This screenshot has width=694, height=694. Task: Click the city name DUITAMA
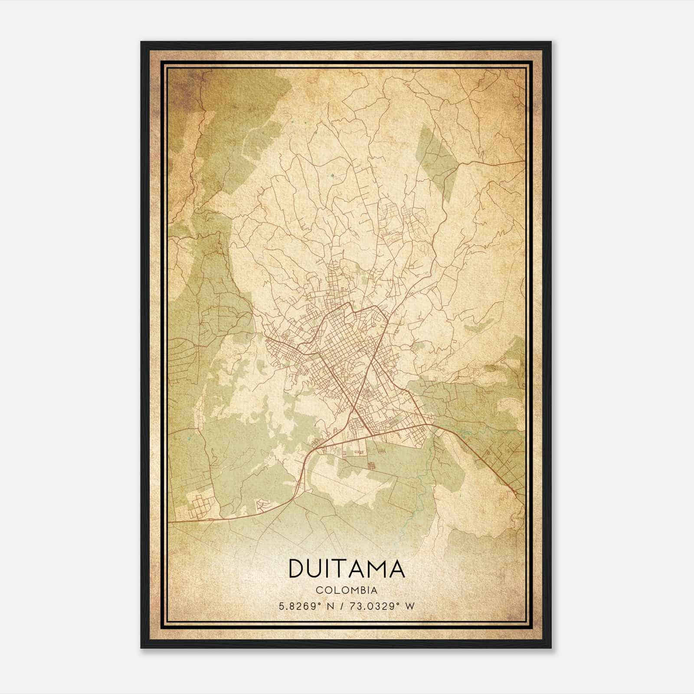[347, 569]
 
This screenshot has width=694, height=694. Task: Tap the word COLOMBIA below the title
[347, 590]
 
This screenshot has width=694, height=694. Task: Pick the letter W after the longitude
[410, 606]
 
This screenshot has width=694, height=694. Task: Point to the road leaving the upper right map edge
[523, 161]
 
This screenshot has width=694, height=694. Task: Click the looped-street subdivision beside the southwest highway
[264, 505]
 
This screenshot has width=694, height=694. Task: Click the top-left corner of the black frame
[142, 43]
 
